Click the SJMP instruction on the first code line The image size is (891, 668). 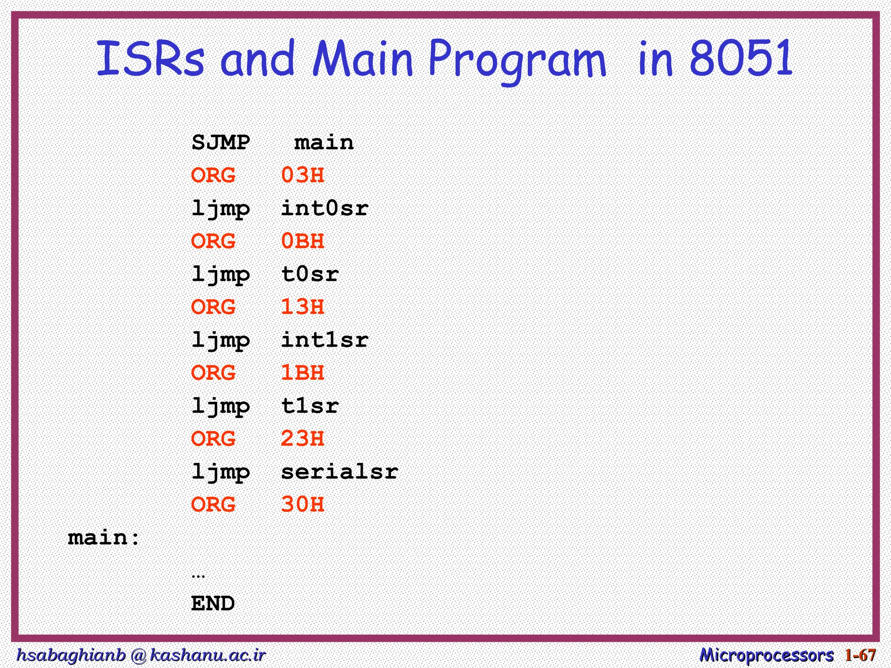coord(221,143)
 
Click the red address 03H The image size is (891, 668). coord(302,175)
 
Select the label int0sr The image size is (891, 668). coord(325,208)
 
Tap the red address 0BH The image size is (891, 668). coord(302,241)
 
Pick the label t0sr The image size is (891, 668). coord(310,274)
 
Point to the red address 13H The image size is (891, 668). coord(302,307)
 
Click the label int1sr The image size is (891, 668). coord(325,340)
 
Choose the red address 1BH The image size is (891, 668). coord(302,373)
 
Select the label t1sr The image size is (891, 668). coord(310,406)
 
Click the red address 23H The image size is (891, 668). coord(302,439)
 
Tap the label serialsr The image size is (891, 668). coord(339,472)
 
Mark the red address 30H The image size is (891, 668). coord(302,505)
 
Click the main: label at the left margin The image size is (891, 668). coord(104,538)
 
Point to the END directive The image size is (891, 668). coord(213,604)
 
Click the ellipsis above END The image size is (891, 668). coord(198,576)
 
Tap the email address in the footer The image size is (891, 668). coord(141,655)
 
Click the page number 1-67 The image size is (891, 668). coord(860,655)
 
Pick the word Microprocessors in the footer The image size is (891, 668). coord(767,655)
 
